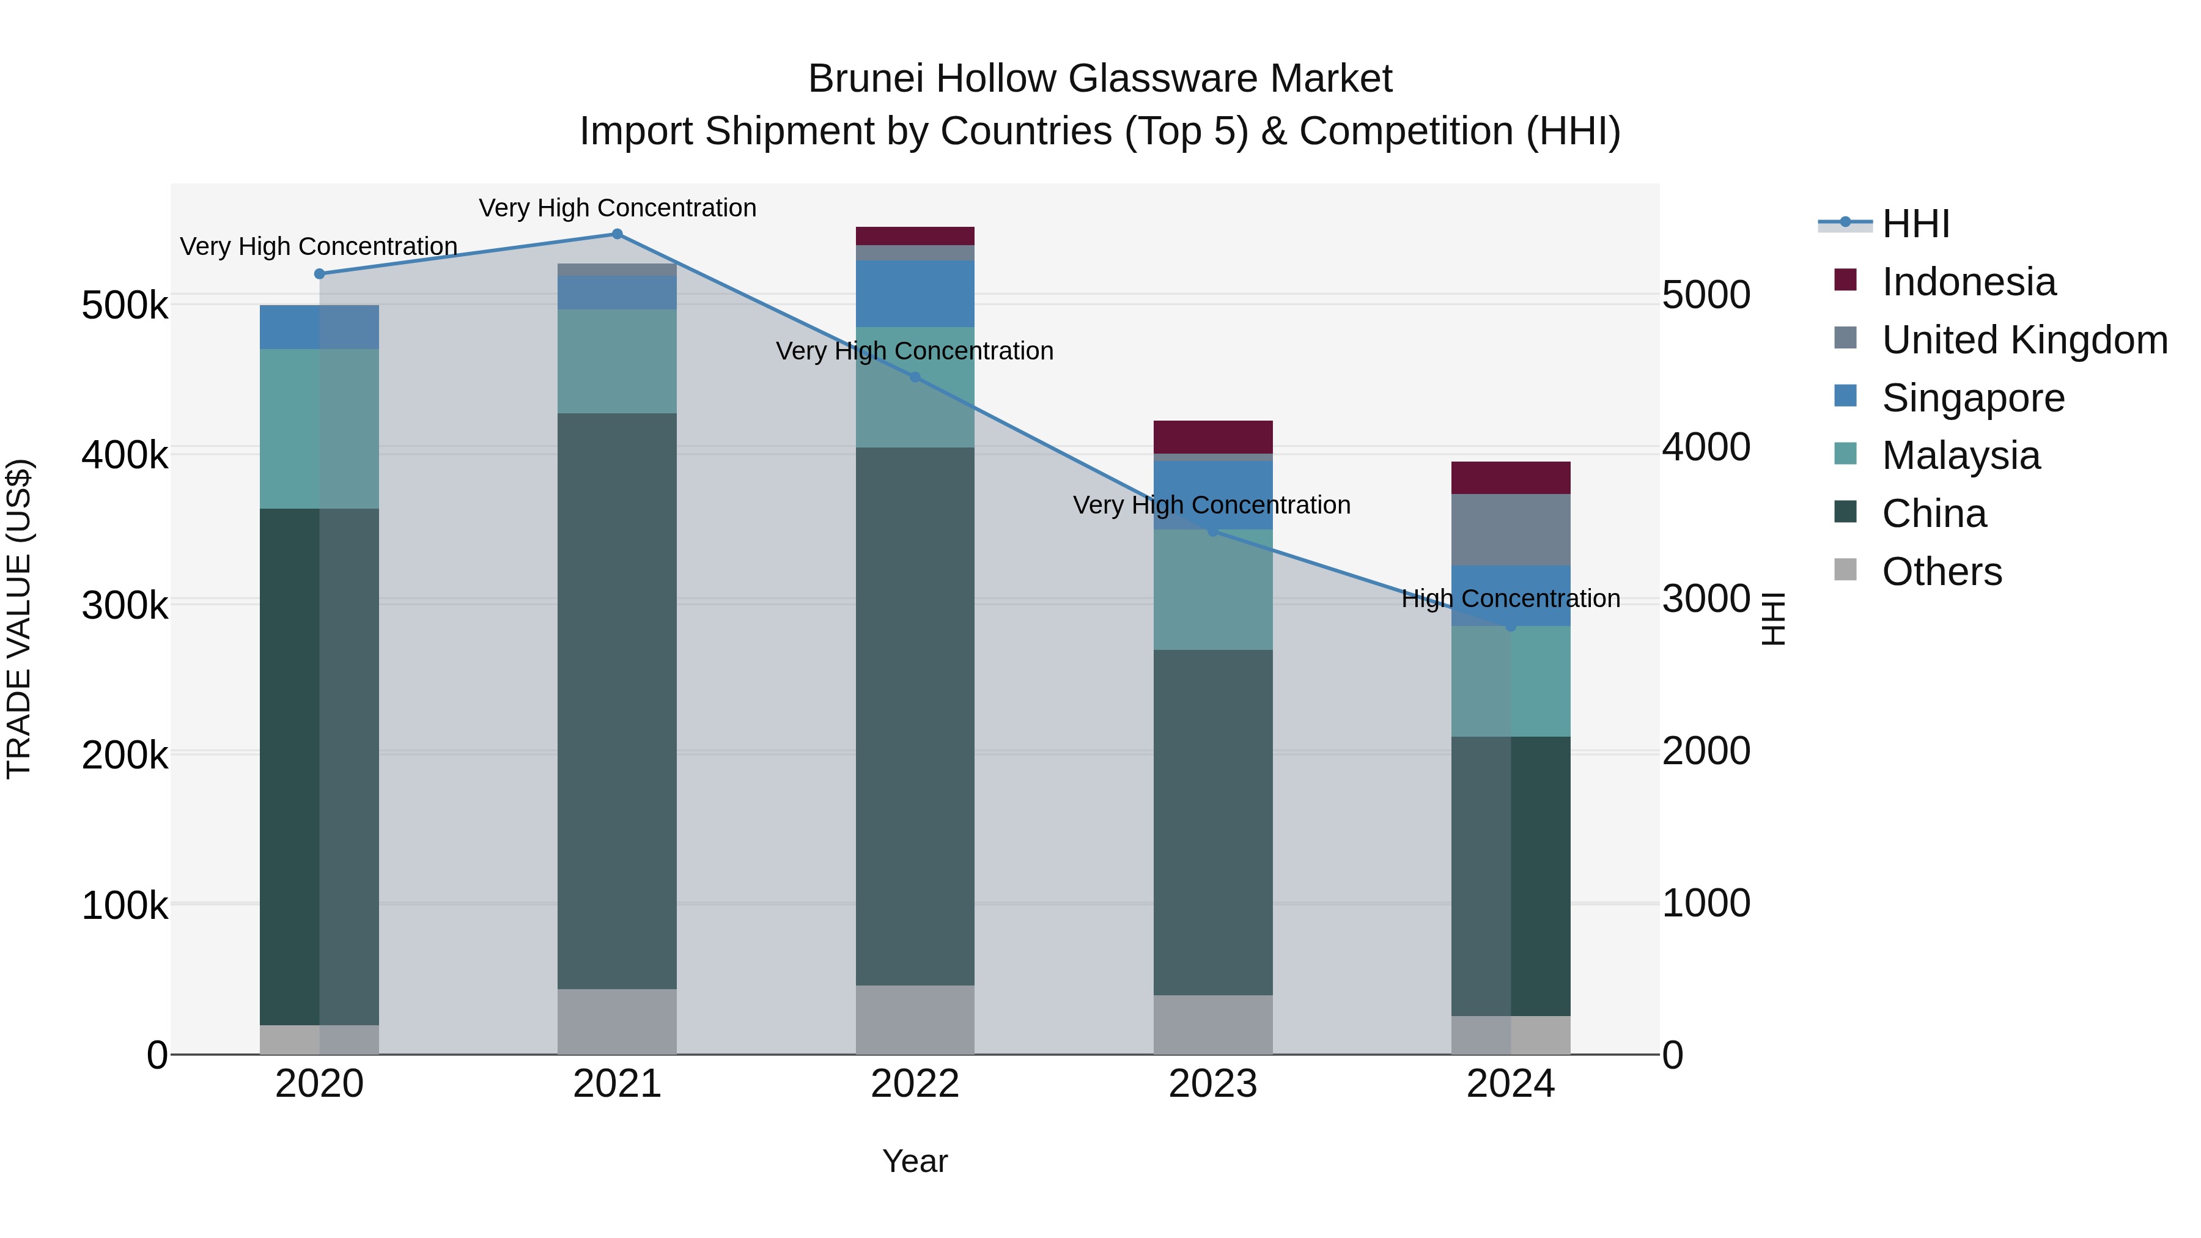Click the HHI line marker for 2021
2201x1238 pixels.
617,234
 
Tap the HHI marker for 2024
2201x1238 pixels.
1511,626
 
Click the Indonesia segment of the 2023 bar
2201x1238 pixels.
1212,437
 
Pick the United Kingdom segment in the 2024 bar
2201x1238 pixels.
1511,529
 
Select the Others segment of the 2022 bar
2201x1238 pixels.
915,1019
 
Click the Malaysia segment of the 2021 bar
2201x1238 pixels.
617,361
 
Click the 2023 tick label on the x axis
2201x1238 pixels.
1212,1084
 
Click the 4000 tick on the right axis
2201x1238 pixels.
1705,447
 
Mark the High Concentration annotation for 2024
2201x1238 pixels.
1511,598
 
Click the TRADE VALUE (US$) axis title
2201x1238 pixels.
19,619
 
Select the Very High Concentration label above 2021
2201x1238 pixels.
617,208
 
